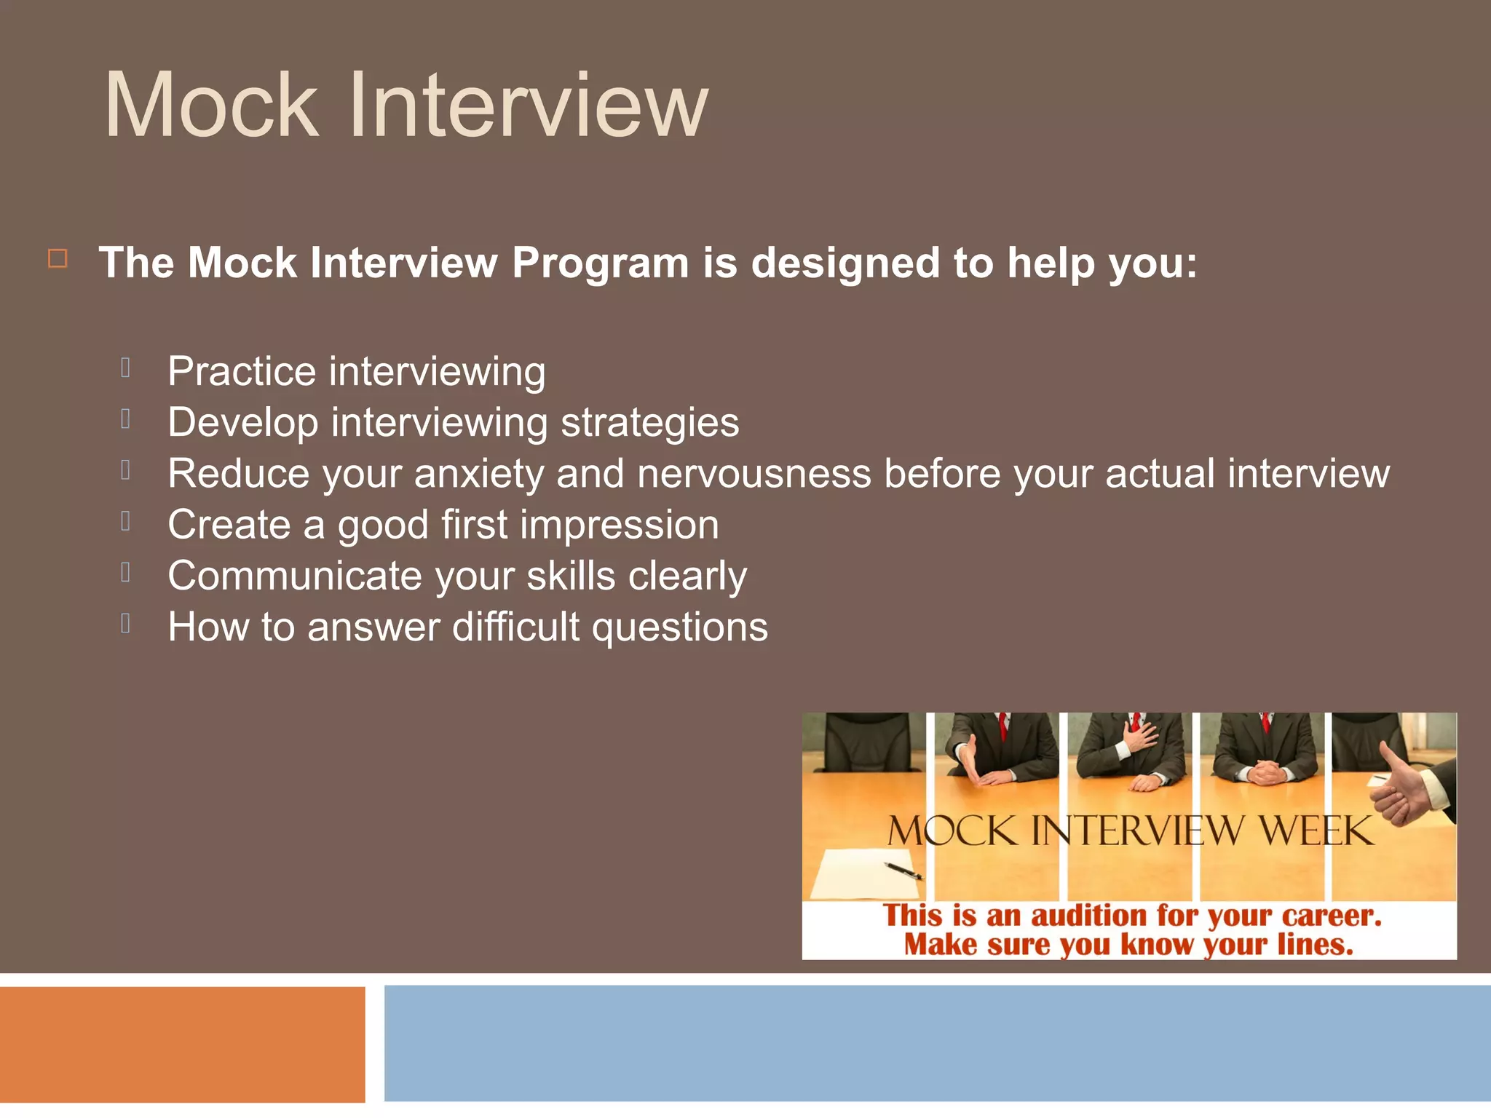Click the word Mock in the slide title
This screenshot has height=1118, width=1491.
point(211,106)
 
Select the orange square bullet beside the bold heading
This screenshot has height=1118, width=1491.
point(58,258)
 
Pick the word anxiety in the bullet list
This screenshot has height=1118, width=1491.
point(478,475)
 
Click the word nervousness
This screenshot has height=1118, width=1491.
point(754,474)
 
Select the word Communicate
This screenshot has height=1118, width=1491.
point(295,576)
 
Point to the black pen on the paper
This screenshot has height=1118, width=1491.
point(903,870)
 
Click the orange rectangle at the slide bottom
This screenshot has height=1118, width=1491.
point(182,1044)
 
